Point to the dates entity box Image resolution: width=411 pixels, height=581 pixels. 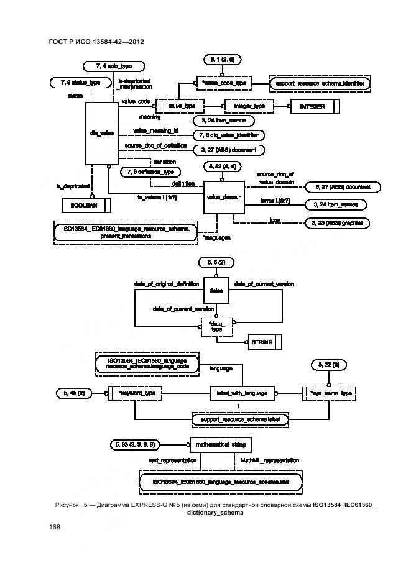(x=215, y=290)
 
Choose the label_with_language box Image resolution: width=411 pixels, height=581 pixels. (x=242, y=393)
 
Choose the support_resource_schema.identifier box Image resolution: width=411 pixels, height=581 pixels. (x=320, y=81)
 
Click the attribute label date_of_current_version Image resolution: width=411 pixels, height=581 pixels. (x=264, y=284)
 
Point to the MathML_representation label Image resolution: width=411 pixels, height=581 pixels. (x=269, y=460)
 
